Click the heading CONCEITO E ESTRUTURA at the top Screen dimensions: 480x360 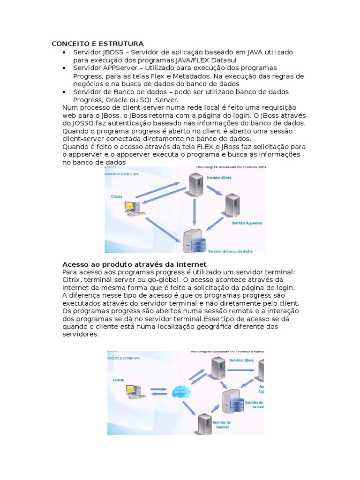point(97,44)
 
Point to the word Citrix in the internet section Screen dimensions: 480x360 point(73,280)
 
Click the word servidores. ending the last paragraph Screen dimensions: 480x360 point(81,334)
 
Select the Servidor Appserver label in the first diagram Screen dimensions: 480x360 point(247,223)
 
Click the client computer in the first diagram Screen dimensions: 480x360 point(132,207)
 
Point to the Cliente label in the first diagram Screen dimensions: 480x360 point(117,196)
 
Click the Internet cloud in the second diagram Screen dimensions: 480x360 point(181,391)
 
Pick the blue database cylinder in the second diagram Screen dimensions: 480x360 point(237,403)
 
